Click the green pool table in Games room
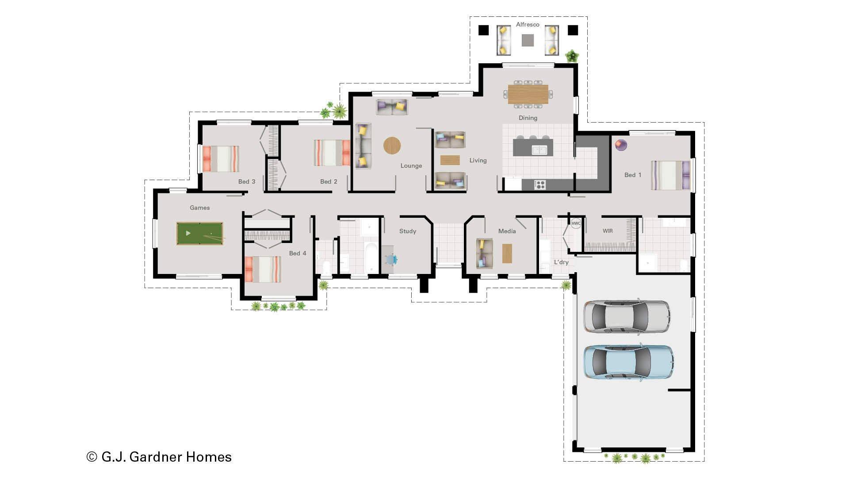pyautogui.click(x=199, y=233)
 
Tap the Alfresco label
pyautogui.click(x=528, y=25)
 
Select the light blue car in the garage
pyautogui.click(x=628, y=362)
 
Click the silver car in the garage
pyautogui.click(x=627, y=316)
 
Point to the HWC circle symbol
pyautogui.click(x=576, y=224)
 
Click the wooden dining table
pyautogui.click(x=528, y=94)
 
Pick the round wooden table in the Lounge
pyautogui.click(x=392, y=145)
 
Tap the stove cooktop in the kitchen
pyautogui.click(x=540, y=185)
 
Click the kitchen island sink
pyautogui.click(x=539, y=150)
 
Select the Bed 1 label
pyautogui.click(x=632, y=175)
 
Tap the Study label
pyautogui.click(x=407, y=231)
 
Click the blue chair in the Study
pyautogui.click(x=392, y=259)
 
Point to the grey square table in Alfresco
pyautogui.click(x=528, y=40)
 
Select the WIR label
pyautogui.click(x=608, y=231)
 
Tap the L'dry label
pyautogui.click(x=561, y=262)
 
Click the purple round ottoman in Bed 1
pyautogui.click(x=621, y=144)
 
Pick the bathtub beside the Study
pyautogui.click(x=371, y=258)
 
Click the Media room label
pyautogui.click(x=507, y=231)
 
